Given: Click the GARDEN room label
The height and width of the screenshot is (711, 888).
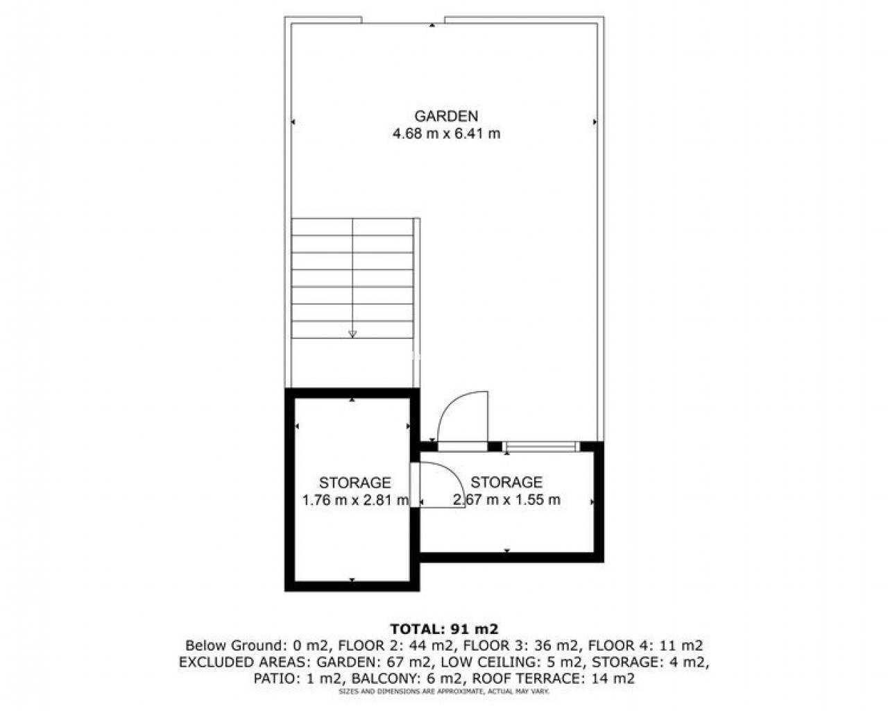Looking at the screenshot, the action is point(446,116).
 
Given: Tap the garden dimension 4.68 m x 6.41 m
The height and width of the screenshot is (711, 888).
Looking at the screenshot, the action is point(447,134).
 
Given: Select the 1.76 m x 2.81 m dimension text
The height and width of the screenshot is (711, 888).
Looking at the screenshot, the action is point(355,501).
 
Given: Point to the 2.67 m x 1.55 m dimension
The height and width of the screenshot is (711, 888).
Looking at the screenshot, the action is point(506,500).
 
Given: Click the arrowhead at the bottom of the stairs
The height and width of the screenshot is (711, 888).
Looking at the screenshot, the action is point(352,334).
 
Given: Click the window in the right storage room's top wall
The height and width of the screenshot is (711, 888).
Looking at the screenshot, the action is point(541,446).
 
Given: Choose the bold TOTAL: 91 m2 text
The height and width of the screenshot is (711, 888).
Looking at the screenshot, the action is point(444,629).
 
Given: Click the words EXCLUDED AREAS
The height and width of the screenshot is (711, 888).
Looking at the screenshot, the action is point(244,662).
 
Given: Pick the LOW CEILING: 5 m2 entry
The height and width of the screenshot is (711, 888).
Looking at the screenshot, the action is point(513,662).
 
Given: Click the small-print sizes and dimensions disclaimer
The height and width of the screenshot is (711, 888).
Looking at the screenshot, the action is point(444,692).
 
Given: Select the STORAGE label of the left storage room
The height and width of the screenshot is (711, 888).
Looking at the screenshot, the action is point(355,483).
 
